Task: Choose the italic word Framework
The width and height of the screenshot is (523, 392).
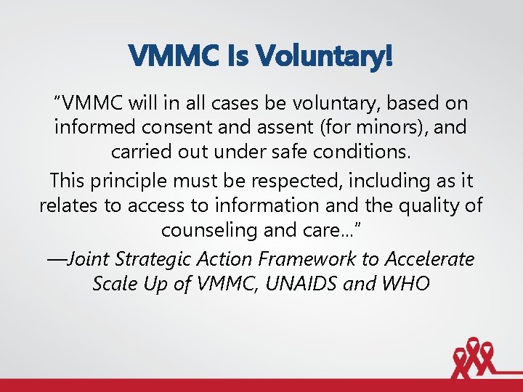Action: click(328, 258)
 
